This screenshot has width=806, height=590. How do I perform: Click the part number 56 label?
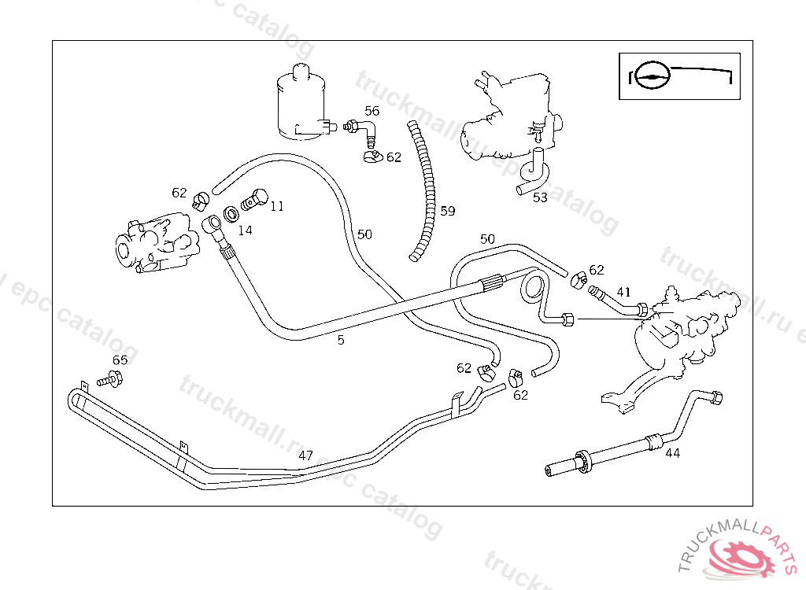point(372,111)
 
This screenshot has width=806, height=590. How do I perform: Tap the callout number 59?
point(448,211)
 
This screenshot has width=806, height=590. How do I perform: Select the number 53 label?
point(540,197)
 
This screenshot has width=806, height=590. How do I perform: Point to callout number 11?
point(277,206)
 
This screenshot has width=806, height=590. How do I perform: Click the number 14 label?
point(246,230)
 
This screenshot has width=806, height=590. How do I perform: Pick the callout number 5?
point(341,340)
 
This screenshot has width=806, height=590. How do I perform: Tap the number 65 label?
point(120,360)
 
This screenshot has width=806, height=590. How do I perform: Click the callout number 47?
point(306,455)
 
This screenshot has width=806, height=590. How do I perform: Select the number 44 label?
point(673,452)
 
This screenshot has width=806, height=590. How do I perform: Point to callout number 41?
point(623,292)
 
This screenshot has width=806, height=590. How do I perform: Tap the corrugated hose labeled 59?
point(423,189)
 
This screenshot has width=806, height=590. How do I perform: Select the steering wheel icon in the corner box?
point(653,76)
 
